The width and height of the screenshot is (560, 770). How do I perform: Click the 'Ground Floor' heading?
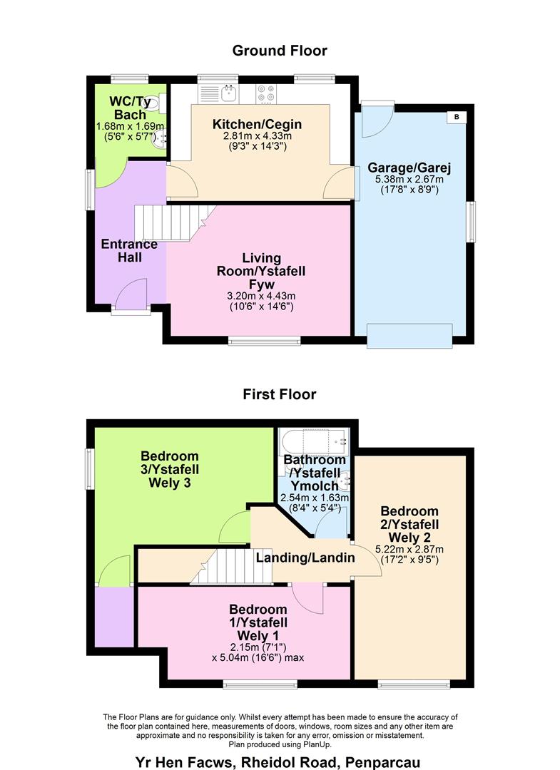280,51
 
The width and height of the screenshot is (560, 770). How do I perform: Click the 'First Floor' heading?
280,394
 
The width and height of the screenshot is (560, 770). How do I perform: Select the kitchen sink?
230,93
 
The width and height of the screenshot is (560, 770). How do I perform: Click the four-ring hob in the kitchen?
266,93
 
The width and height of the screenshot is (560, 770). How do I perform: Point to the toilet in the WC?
161,103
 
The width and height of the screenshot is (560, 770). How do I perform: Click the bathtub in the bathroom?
313,438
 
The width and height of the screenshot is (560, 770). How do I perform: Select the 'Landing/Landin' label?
305,558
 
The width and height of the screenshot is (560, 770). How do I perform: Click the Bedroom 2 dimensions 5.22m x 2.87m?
409,549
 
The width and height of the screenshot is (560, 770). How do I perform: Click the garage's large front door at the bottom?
409,333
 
